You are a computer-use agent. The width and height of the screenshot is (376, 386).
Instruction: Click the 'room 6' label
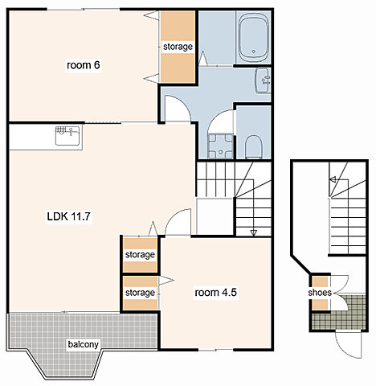pyautogui.click(x=84, y=65)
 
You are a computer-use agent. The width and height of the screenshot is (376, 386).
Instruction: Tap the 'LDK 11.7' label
pyautogui.click(x=69, y=216)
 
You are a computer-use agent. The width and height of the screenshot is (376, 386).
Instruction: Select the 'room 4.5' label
pyautogui.click(x=215, y=293)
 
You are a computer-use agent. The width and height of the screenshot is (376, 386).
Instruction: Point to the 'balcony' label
pyautogui.click(x=84, y=344)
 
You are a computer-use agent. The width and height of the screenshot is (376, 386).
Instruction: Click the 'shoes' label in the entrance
pyautogui.click(x=320, y=293)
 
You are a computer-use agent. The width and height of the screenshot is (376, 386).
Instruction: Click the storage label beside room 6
pyautogui.click(x=178, y=47)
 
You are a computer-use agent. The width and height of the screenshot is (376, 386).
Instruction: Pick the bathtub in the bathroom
pyautogui.click(x=253, y=38)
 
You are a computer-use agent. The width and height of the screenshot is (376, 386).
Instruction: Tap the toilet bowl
pyautogui.click(x=253, y=147)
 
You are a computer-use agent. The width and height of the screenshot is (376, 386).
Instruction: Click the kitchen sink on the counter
pyautogui.click(x=67, y=136)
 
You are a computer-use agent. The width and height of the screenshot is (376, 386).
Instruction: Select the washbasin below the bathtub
pyautogui.click(x=263, y=80)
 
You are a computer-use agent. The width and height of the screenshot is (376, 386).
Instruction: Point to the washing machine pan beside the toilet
pyautogui.click(x=221, y=146)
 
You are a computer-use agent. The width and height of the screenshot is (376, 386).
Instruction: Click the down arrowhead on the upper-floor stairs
pyautogui.click(x=253, y=233)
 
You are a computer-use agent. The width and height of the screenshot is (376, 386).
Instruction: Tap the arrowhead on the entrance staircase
pyautogui.click(x=333, y=179)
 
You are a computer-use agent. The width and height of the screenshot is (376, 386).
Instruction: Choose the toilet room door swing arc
pyautogui.click(x=217, y=115)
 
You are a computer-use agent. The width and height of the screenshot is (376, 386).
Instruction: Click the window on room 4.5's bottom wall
pyautogui.click(x=215, y=350)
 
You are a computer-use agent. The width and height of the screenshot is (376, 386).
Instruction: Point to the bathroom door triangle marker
pyautogui.click(x=202, y=58)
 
